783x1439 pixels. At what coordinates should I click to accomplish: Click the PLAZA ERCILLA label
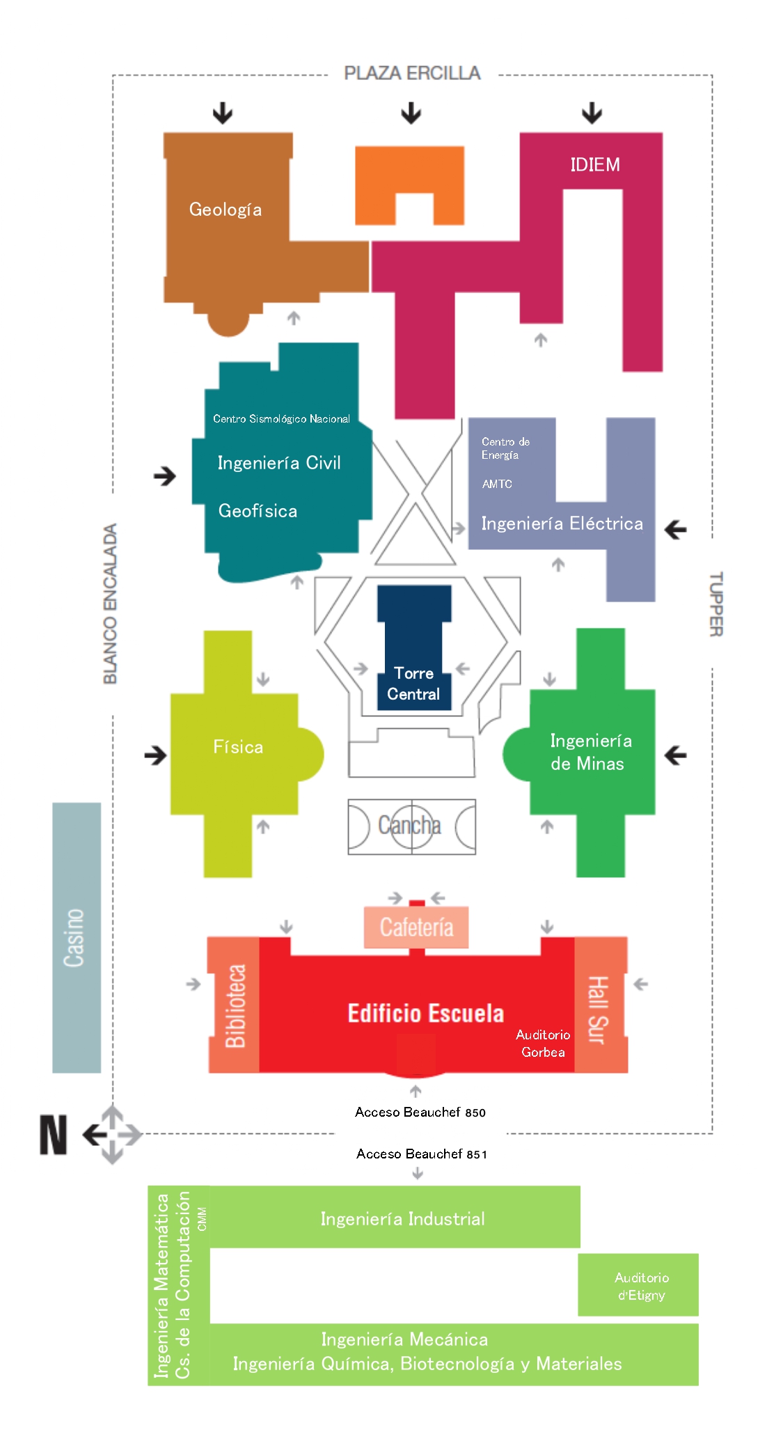coord(412,73)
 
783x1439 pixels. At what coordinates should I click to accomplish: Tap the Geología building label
coord(226,210)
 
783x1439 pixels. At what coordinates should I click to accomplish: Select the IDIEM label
coord(595,164)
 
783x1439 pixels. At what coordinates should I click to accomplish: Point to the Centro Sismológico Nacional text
coord(281,418)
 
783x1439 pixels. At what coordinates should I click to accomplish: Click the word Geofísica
coord(258,511)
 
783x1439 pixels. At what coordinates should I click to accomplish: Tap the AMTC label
coord(497,484)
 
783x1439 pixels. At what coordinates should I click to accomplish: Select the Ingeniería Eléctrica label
coord(562,524)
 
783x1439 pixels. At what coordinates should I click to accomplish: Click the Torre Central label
coord(413,684)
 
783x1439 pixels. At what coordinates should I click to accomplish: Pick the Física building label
coord(238,747)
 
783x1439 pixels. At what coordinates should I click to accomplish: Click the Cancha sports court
coord(412,826)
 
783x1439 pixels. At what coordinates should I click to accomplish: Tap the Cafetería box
coord(416,927)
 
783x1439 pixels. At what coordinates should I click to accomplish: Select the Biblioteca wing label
coord(235,1006)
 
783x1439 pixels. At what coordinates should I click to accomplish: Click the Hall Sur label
coord(598,1009)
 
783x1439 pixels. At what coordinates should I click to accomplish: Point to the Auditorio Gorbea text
coord(543,1043)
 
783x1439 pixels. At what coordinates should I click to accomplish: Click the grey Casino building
coord(77,938)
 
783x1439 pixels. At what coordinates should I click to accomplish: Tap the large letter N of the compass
coord(54,1135)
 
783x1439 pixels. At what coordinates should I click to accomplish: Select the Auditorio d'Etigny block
coord(638,1284)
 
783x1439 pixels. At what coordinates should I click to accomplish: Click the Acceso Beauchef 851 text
coord(422,1154)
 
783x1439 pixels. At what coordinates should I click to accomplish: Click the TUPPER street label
coord(716,604)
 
